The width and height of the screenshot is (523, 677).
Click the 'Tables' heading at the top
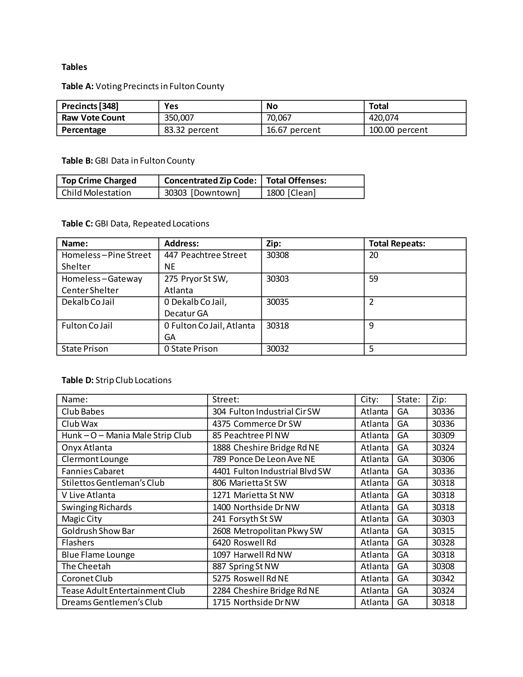pyautogui.click(x=74, y=67)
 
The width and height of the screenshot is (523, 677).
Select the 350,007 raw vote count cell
pyautogui.click(x=179, y=118)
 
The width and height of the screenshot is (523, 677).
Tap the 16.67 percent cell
pyautogui.click(x=293, y=130)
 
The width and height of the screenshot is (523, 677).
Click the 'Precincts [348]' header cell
pyautogui.click(x=90, y=106)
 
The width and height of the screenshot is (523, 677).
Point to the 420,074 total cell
pyautogui.click(x=384, y=118)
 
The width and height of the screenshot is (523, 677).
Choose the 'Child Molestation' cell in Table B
pyautogui.click(x=96, y=193)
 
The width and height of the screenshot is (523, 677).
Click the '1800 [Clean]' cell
pyautogui.click(x=291, y=193)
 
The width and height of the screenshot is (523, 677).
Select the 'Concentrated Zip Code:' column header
pyautogui.click(x=210, y=181)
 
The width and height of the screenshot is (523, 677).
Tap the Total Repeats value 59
pyautogui.click(x=373, y=279)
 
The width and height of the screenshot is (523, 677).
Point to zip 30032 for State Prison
pyautogui.click(x=277, y=349)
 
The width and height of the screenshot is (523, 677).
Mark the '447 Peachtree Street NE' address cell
pyautogui.click(x=205, y=260)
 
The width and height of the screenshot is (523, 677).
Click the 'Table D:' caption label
pyautogui.click(x=77, y=380)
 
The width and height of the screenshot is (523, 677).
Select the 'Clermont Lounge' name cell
pyautogui.click(x=95, y=459)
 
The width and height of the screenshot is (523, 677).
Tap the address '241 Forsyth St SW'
pyautogui.click(x=247, y=519)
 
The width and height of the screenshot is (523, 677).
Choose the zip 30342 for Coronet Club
pyautogui.click(x=443, y=578)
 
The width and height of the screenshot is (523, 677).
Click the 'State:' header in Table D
pyautogui.click(x=408, y=400)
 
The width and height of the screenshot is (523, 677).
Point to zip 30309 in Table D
pyautogui.click(x=443, y=435)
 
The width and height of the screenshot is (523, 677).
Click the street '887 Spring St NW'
pyautogui.click(x=245, y=566)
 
